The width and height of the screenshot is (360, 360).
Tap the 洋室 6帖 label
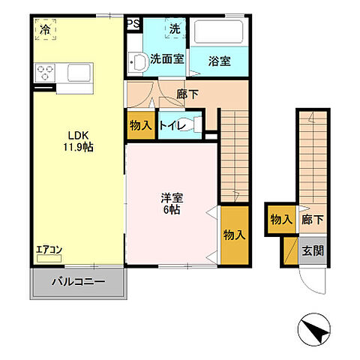point(172,204)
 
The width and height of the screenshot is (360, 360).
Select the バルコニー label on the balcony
point(78,283)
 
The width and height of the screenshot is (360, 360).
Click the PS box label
point(132,24)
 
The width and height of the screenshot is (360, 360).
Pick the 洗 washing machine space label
point(174,30)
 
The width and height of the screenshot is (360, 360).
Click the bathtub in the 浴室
point(218,34)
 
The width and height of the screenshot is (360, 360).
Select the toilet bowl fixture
point(193,125)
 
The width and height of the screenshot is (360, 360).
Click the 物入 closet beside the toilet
point(139,125)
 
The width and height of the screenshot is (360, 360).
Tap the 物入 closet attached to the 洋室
point(234,234)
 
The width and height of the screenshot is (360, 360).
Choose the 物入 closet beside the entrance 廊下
point(280,220)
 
